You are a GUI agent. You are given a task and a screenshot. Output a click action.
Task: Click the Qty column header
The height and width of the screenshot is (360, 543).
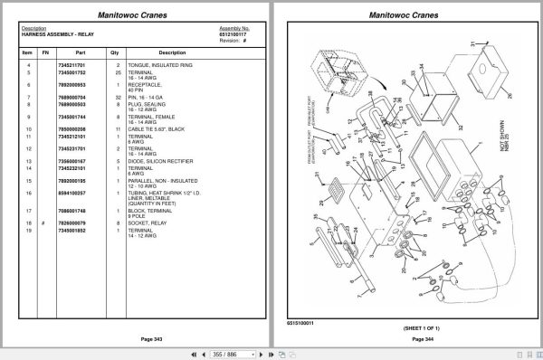114,52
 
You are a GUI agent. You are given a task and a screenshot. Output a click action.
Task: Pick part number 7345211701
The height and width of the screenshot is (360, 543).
71,65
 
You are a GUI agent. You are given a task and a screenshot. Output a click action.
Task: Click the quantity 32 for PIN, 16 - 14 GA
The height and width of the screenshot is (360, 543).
118,95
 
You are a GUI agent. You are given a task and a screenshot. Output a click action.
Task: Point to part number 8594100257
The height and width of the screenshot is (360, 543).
71,193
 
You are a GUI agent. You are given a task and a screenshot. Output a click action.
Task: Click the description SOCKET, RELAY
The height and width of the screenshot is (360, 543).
150,223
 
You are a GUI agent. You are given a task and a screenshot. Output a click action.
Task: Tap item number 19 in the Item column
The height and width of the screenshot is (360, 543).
28,230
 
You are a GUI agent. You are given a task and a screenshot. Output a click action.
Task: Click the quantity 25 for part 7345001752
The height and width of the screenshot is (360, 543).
118,71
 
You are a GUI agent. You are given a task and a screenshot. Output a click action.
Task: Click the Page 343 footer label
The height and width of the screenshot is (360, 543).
138,338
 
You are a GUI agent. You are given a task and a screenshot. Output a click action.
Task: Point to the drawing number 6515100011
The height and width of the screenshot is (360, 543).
300,321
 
